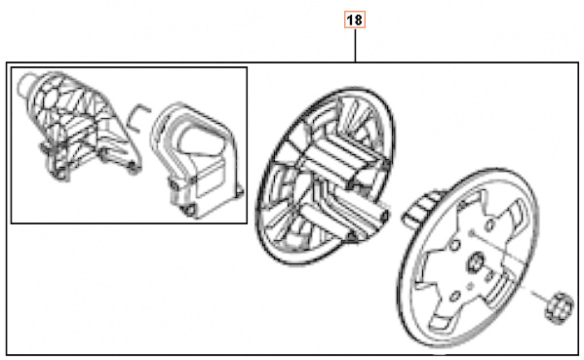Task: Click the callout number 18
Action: pyautogui.click(x=356, y=20)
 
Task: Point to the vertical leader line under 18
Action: pyautogui.click(x=356, y=45)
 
